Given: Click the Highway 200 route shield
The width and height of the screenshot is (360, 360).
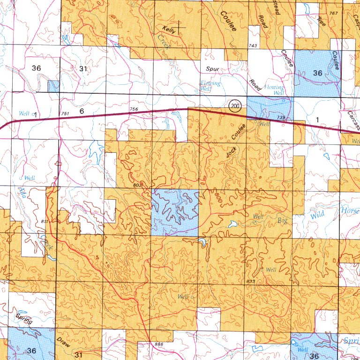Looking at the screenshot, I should coord(235,106).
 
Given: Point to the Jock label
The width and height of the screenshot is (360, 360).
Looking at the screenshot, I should coord(231,150).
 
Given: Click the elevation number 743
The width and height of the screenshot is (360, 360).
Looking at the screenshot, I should coord(253,45).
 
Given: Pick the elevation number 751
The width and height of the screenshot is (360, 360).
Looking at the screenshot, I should coord(65,114).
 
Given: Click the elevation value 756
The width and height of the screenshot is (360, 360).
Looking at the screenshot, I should coord(134,109).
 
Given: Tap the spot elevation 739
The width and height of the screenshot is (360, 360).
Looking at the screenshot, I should coord(281,117).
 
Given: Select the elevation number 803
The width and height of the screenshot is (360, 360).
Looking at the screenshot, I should coord(137,186).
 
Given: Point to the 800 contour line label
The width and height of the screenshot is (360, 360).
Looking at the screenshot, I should coord(218,198).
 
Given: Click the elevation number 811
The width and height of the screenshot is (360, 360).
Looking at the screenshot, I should coord(44,221).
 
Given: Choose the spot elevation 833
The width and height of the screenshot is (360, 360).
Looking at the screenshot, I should coord(250,281).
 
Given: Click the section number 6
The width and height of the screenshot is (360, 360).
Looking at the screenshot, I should coord(82,111).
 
